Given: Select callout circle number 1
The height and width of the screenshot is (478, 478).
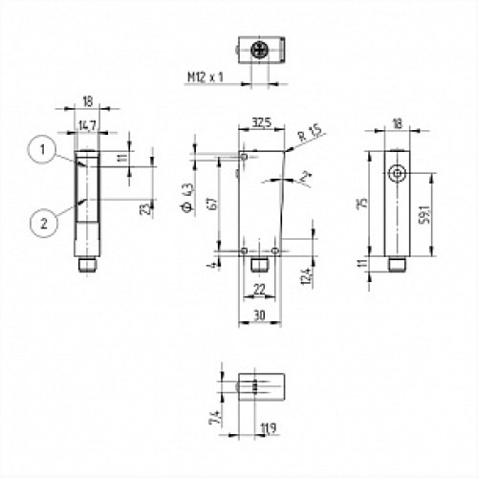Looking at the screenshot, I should click(x=39, y=148).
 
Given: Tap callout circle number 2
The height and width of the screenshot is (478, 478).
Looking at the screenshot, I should click(x=39, y=224).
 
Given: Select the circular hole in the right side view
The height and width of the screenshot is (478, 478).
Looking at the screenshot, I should click(x=396, y=173).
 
